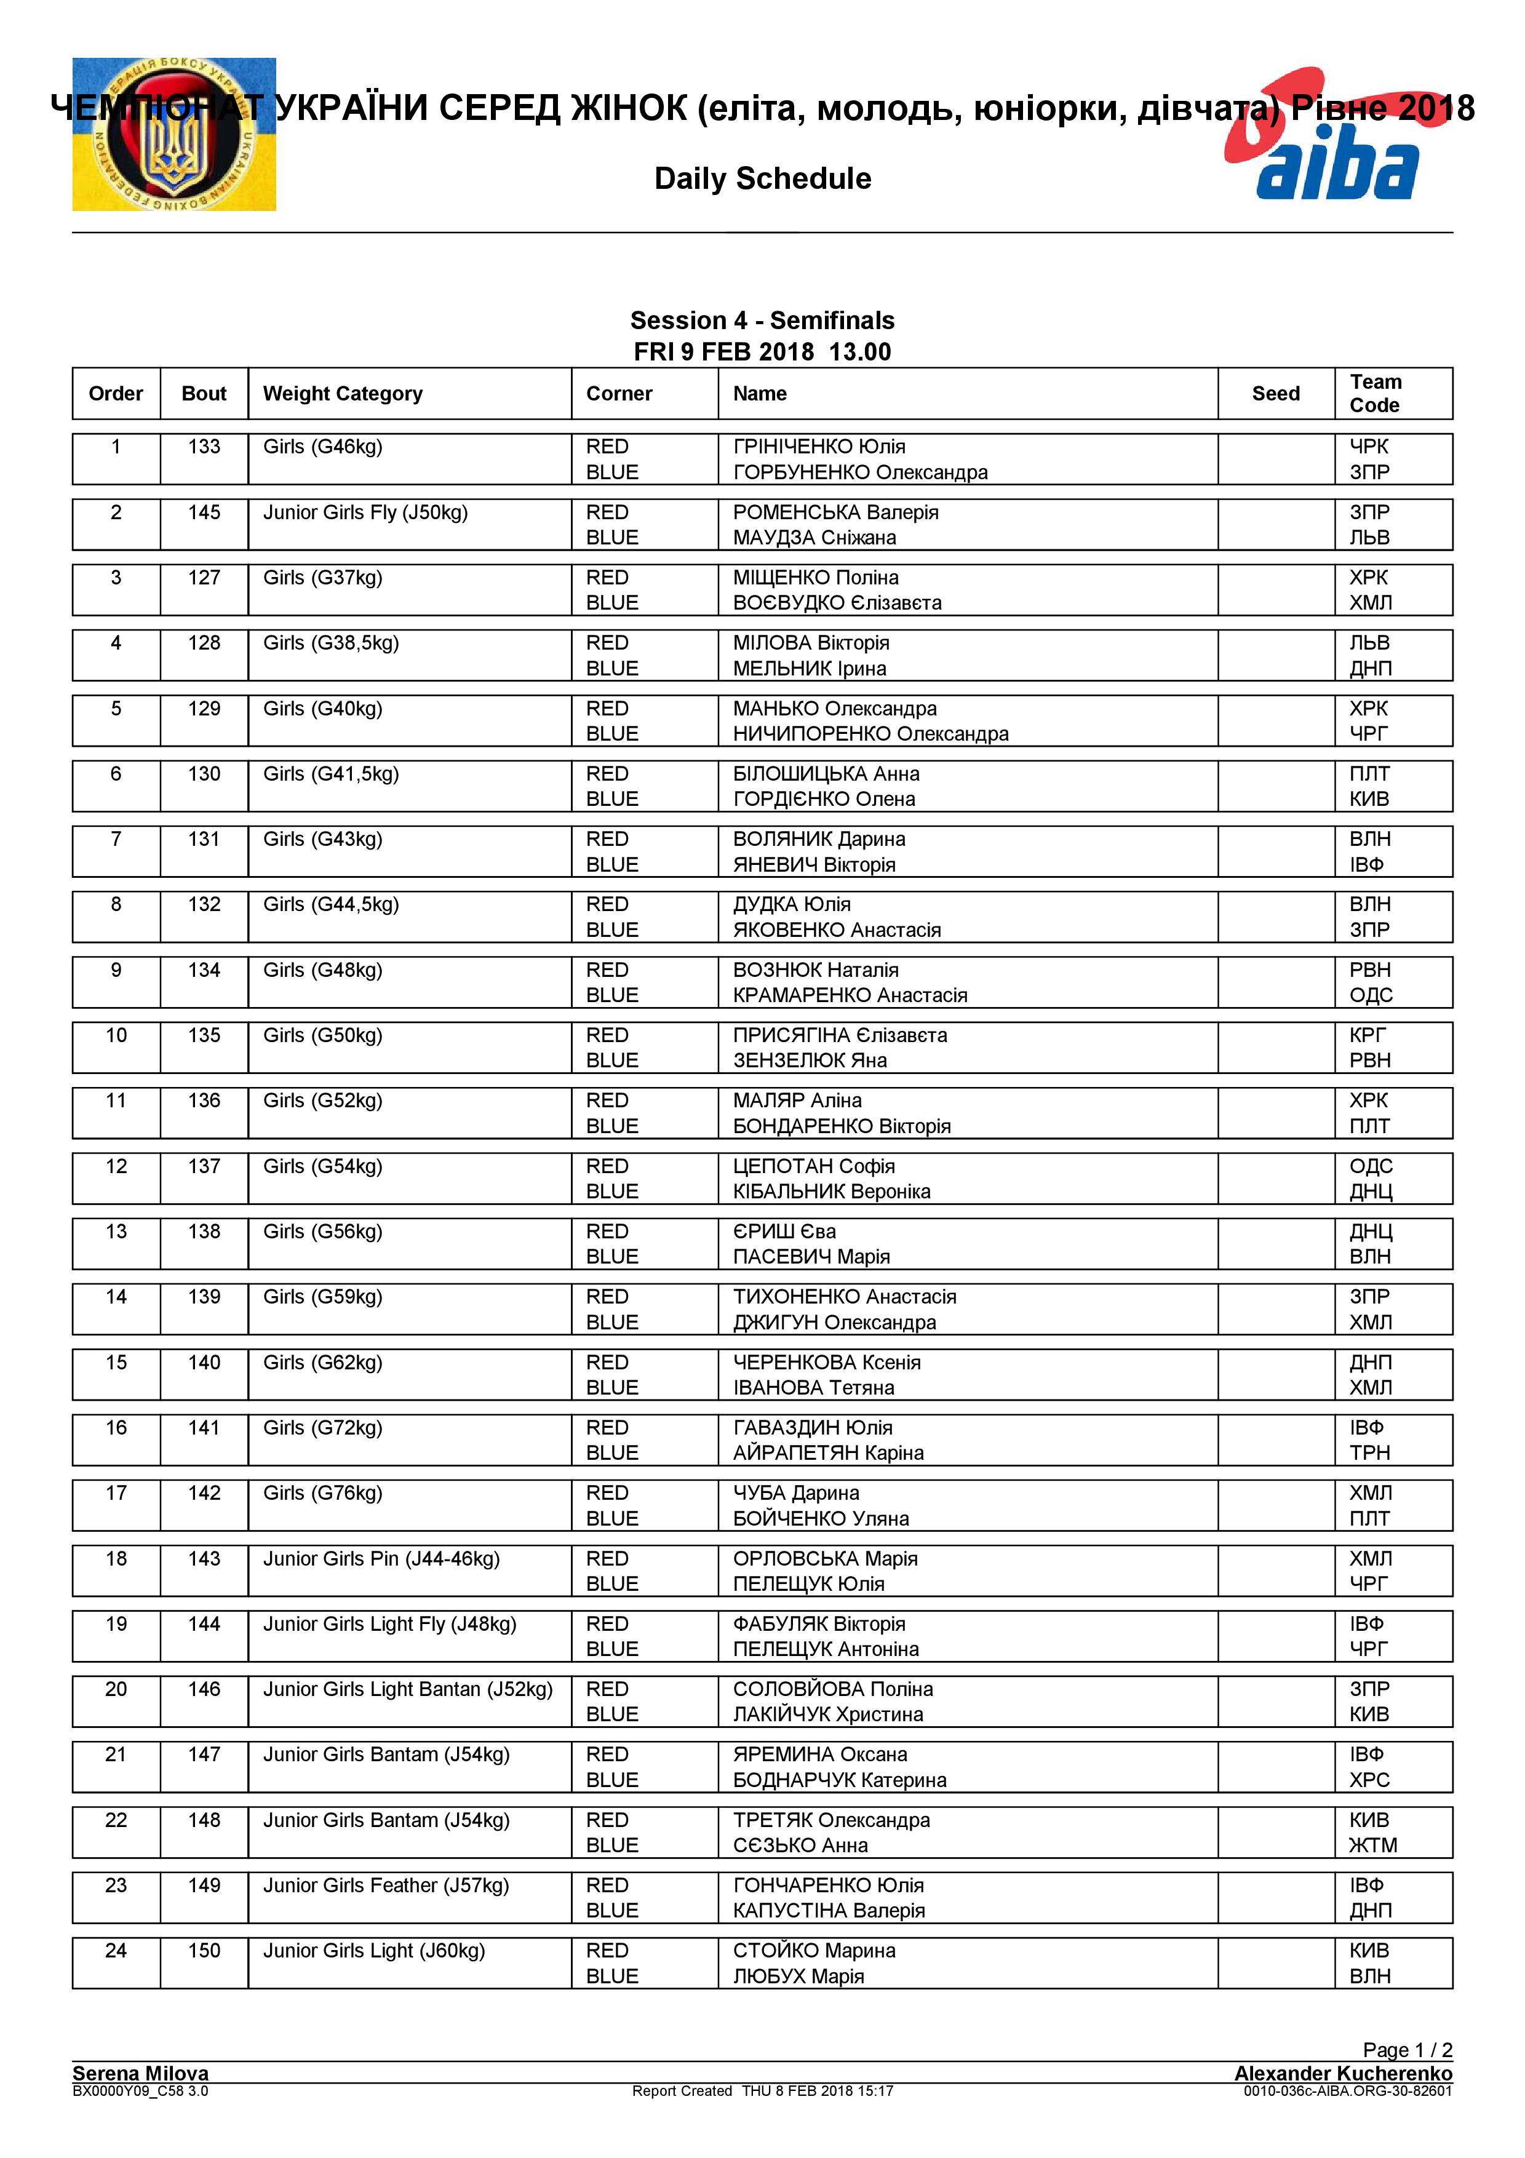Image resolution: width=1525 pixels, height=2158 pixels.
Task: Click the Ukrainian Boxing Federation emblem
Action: (x=174, y=134)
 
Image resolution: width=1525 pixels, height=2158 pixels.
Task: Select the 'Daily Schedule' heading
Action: (x=762, y=178)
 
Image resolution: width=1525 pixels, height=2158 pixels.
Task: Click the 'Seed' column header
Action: (x=1275, y=394)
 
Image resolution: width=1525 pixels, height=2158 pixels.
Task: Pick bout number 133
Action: (x=204, y=447)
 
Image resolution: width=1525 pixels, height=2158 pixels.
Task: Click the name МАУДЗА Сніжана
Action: (x=814, y=538)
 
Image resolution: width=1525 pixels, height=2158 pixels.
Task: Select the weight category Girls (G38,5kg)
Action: (x=331, y=643)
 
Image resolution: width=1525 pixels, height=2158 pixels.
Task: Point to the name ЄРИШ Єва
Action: (x=784, y=1232)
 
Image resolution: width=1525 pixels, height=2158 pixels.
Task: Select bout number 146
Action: (x=204, y=1689)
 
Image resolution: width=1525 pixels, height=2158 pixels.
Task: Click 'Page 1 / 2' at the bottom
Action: (x=1407, y=2049)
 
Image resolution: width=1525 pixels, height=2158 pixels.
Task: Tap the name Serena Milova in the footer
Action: (x=140, y=2072)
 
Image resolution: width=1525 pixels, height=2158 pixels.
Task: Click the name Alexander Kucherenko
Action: (x=1343, y=2072)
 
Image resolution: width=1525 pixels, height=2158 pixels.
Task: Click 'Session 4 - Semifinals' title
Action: (x=762, y=321)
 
